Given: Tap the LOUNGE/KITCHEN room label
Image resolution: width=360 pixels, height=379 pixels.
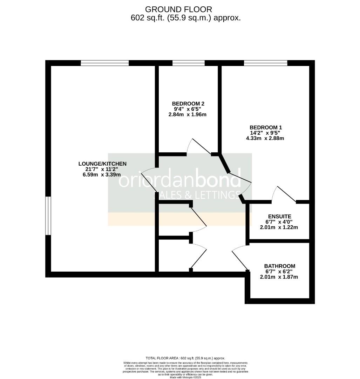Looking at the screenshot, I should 102,164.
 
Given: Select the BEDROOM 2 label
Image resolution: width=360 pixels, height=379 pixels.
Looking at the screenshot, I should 188,104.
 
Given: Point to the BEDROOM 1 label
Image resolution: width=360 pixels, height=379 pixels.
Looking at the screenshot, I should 265,127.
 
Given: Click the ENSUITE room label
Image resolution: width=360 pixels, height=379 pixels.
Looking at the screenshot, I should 279,217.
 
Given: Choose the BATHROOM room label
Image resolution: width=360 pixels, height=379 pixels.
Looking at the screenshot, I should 279,266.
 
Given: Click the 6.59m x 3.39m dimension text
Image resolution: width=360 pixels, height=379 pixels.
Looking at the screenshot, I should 102,175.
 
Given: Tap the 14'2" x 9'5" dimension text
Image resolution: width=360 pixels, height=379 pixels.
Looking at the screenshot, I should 265,133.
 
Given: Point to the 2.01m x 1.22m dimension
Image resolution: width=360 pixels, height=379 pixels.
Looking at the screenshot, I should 279,227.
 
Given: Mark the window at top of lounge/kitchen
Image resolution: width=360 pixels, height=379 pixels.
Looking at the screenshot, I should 104,63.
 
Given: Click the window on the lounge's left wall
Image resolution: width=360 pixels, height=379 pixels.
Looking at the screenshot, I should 48,215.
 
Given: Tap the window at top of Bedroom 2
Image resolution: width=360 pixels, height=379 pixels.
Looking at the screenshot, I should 189,63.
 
